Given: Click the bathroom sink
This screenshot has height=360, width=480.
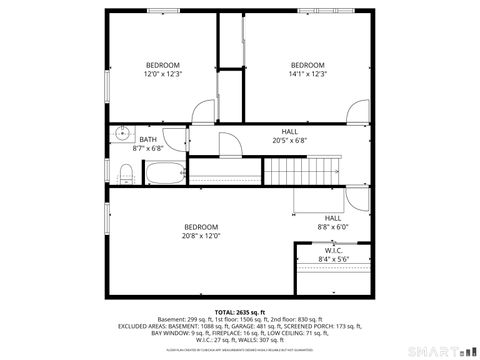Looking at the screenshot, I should pyautogui.click(x=122, y=134).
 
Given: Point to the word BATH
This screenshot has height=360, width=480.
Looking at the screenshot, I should pyautogui.click(x=148, y=140).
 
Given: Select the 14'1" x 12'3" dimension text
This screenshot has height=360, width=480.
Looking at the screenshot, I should pyautogui.click(x=308, y=73).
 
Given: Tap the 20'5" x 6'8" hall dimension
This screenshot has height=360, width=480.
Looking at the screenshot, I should pyautogui.click(x=289, y=140).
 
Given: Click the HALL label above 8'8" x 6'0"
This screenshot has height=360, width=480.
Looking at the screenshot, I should pyautogui.click(x=333, y=218).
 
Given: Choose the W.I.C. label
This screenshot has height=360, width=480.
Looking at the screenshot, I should pyautogui.click(x=334, y=251).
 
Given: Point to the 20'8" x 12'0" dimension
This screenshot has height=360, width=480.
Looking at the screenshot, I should pyautogui.click(x=200, y=236).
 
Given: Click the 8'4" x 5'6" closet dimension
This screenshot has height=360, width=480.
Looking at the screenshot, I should pyautogui.click(x=334, y=260).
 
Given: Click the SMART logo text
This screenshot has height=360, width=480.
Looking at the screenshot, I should pyautogui.click(x=432, y=351).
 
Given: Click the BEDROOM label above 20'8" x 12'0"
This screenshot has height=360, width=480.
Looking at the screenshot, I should pyautogui.click(x=200, y=227).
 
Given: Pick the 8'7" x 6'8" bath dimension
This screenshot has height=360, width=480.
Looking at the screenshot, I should pyautogui.click(x=148, y=149).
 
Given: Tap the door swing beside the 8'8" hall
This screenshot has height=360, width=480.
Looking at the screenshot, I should pyautogui.click(x=302, y=206).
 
